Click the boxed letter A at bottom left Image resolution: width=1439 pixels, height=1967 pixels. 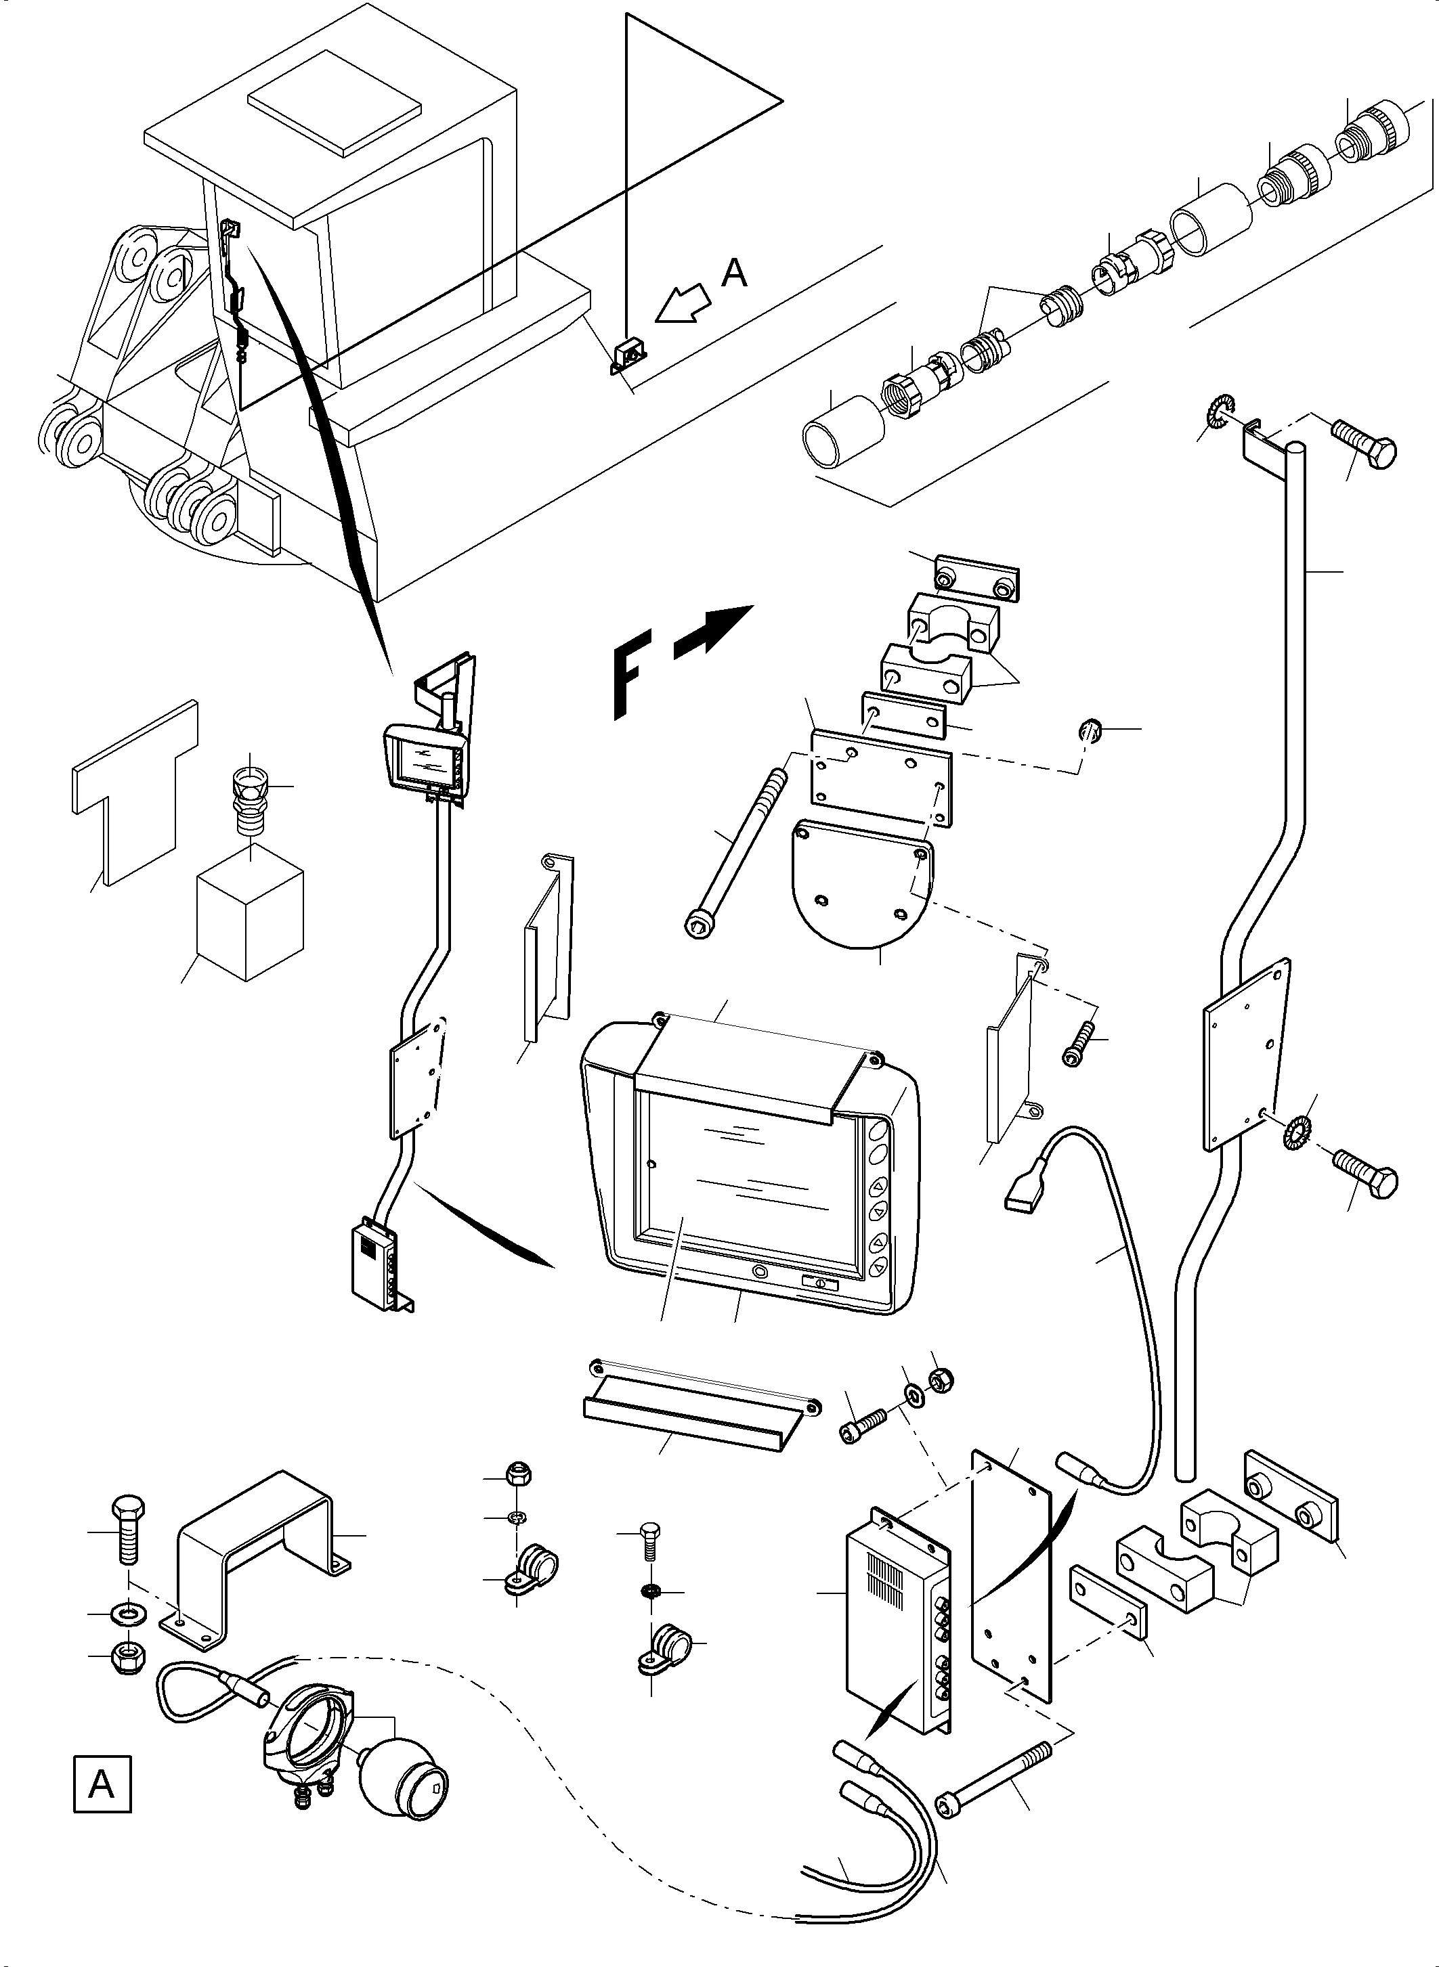[102, 1786]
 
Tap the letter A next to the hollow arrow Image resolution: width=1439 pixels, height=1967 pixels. [734, 273]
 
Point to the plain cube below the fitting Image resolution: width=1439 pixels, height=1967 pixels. [250, 923]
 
